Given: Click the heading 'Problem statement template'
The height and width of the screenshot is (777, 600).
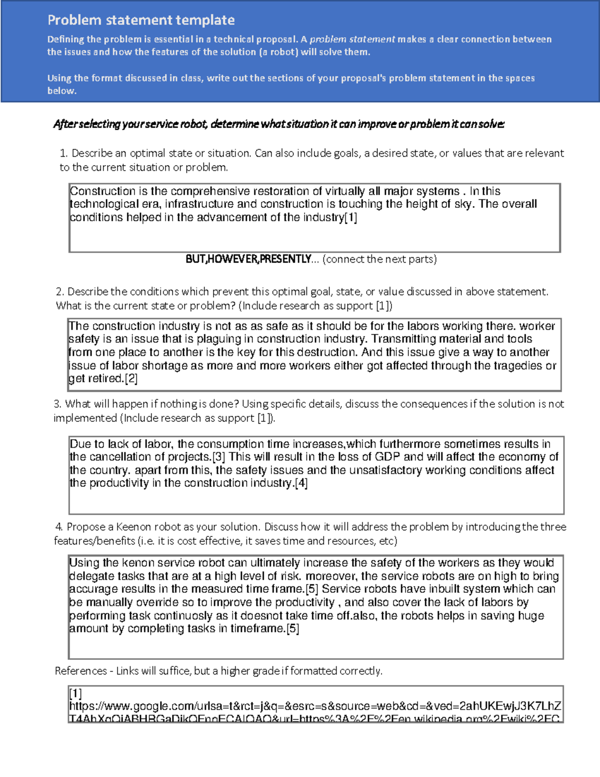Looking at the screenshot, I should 141,20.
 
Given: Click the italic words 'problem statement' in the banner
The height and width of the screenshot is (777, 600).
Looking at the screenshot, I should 352,39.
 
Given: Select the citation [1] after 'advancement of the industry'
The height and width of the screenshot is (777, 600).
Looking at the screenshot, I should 351,218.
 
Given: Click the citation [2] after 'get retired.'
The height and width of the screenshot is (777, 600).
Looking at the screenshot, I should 131,379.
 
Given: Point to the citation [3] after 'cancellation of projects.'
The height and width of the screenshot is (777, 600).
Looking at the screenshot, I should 219,457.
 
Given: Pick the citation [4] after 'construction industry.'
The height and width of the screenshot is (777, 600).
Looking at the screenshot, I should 301,483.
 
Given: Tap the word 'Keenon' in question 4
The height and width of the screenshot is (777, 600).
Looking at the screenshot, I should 133,527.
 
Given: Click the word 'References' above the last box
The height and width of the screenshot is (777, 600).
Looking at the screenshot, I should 80,671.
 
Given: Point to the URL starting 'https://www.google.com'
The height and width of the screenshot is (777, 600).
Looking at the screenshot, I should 315,706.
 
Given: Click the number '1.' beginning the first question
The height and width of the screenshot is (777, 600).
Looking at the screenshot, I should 63,153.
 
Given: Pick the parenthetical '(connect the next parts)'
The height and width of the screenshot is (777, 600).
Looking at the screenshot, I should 379,259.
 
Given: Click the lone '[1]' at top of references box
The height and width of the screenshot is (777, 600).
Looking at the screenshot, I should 75,693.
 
